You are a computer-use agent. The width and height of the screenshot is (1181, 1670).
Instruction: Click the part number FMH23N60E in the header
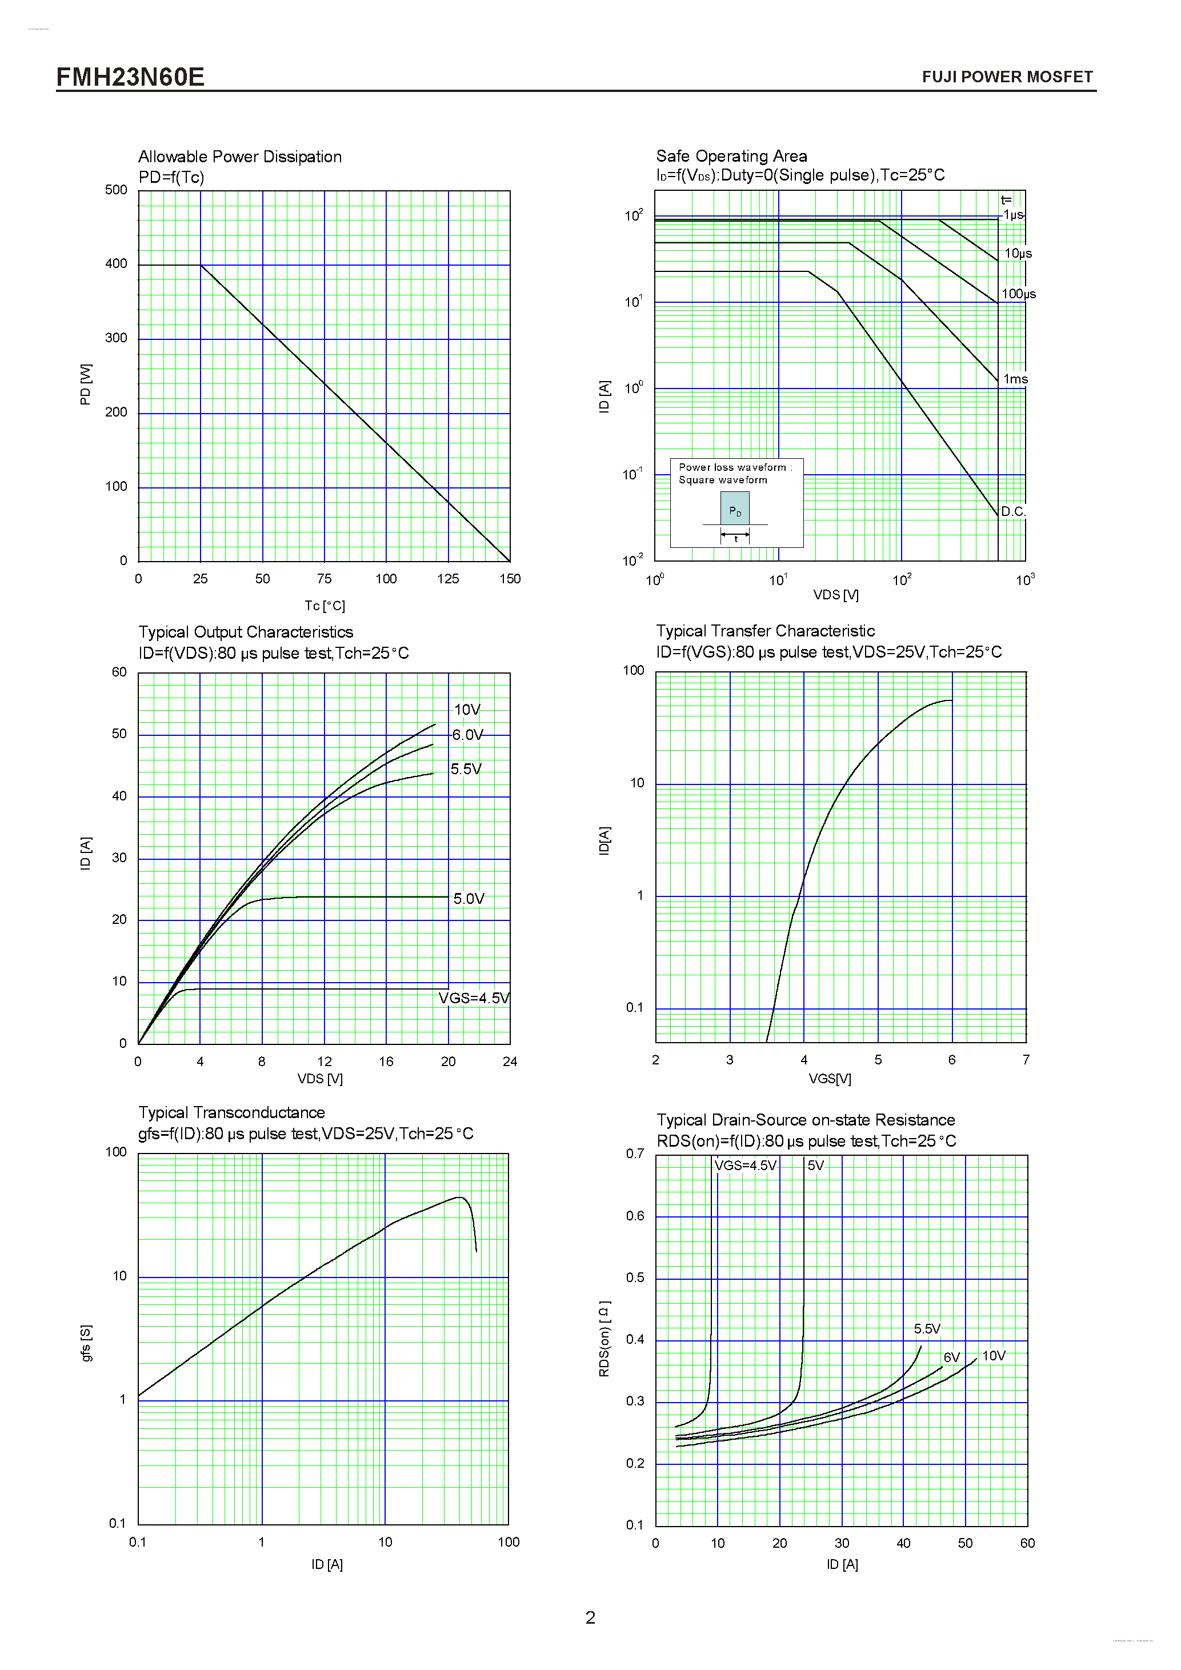tap(130, 77)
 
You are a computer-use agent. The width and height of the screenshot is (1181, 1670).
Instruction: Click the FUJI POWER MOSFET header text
tap(1007, 77)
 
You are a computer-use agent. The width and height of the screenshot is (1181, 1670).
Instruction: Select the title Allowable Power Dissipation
tap(240, 157)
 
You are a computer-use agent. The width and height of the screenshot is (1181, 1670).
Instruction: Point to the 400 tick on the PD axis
tap(117, 264)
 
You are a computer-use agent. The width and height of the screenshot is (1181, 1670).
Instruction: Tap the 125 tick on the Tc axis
tap(448, 579)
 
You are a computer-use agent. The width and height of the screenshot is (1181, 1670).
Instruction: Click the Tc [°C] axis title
tap(325, 606)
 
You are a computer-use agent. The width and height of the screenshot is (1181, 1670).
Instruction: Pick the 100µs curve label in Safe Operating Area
tap(1018, 294)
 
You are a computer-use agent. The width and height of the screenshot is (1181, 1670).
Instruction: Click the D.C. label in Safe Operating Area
tap(1013, 511)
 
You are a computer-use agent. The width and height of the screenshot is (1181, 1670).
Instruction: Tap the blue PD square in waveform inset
tap(735, 508)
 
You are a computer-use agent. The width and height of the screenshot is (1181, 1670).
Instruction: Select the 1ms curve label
tap(1015, 379)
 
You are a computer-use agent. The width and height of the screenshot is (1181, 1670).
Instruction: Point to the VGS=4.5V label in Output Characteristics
tap(474, 998)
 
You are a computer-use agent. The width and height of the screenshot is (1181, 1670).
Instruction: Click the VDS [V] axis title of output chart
tap(320, 1079)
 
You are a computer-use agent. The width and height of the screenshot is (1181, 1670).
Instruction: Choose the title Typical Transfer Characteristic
tap(765, 631)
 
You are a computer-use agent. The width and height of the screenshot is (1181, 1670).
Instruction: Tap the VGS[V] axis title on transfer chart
tap(830, 1079)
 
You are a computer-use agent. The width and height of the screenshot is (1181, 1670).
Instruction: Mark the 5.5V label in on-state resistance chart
tap(927, 1329)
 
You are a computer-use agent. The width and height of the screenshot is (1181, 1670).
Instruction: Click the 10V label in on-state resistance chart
tap(994, 1356)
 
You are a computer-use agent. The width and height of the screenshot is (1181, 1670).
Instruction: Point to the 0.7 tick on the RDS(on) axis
tap(635, 1154)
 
